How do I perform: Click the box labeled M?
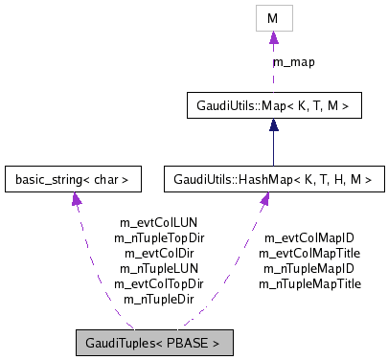click(x=273, y=19)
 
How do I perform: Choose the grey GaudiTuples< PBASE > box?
click(x=154, y=342)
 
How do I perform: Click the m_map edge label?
click(x=295, y=62)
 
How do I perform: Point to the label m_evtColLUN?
click(x=158, y=223)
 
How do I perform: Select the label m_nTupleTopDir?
click(x=159, y=238)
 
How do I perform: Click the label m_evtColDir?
click(x=158, y=254)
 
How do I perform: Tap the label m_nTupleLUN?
click(x=158, y=269)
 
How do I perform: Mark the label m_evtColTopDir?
click(x=159, y=284)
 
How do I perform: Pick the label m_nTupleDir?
click(x=158, y=300)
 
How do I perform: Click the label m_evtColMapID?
click(x=309, y=238)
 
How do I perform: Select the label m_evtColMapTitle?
click(x=309, y=254)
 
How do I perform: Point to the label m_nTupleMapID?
click(x=309, y=269)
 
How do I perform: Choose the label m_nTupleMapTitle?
click(x=309, y=284)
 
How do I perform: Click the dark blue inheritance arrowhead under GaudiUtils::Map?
click(x=273, y=124)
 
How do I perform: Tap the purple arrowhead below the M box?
click(x=273, y=38)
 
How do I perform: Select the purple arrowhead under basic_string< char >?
click(x=74, y=197)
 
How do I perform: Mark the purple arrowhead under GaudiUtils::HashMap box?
click(x=264, y=197)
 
